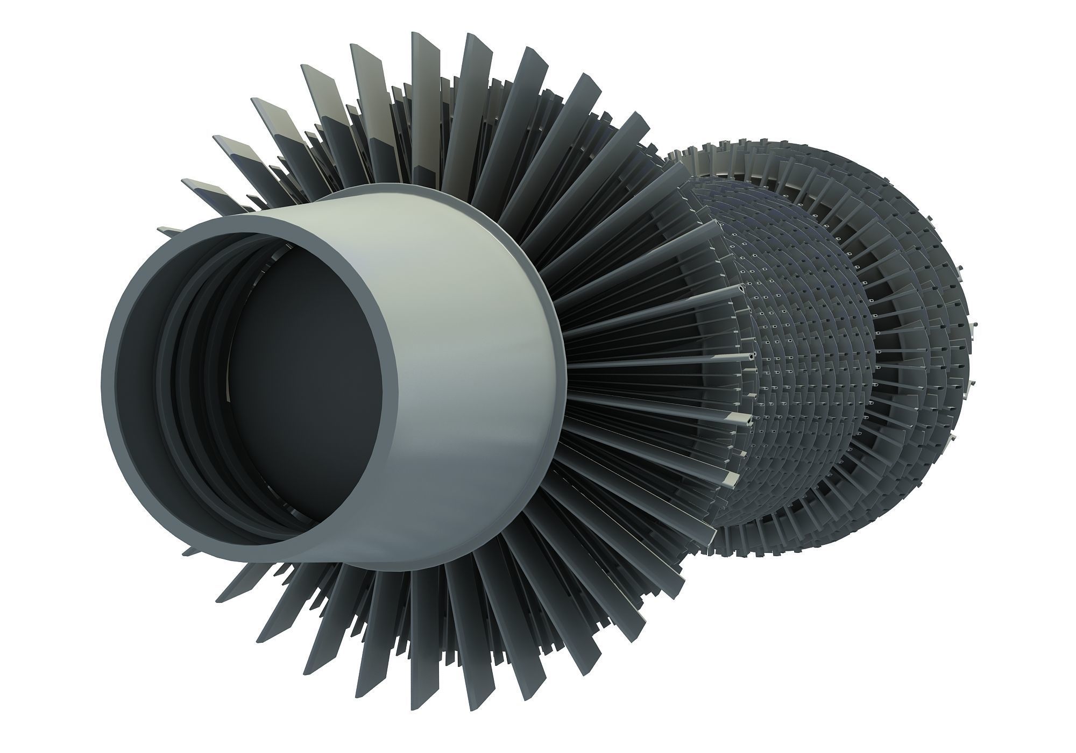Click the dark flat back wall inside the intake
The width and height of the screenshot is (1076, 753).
(x=301, y=387)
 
